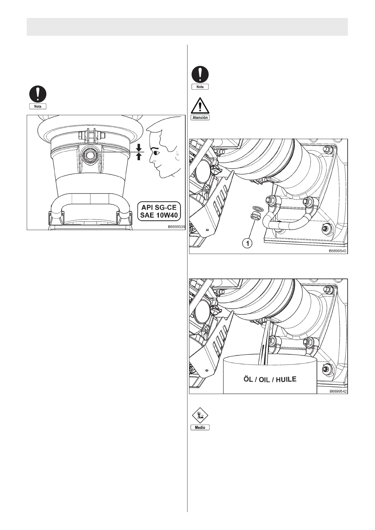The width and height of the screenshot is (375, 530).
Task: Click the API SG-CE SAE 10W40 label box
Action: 159,212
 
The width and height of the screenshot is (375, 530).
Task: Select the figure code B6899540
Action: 338,251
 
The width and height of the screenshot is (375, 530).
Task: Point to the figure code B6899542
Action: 338,391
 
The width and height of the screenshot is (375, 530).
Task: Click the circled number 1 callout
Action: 248,243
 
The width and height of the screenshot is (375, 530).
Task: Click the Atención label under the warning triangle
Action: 200,117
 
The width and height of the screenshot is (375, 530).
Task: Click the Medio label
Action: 200,427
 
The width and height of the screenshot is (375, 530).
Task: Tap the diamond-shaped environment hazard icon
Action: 200,416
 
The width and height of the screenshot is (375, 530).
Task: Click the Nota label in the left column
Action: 38,106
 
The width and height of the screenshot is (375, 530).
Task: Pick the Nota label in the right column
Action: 200,87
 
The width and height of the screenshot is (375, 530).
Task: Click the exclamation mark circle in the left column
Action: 38,94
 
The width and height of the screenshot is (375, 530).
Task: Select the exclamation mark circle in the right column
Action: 200,74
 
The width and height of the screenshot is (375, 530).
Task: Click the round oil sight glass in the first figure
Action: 89,155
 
